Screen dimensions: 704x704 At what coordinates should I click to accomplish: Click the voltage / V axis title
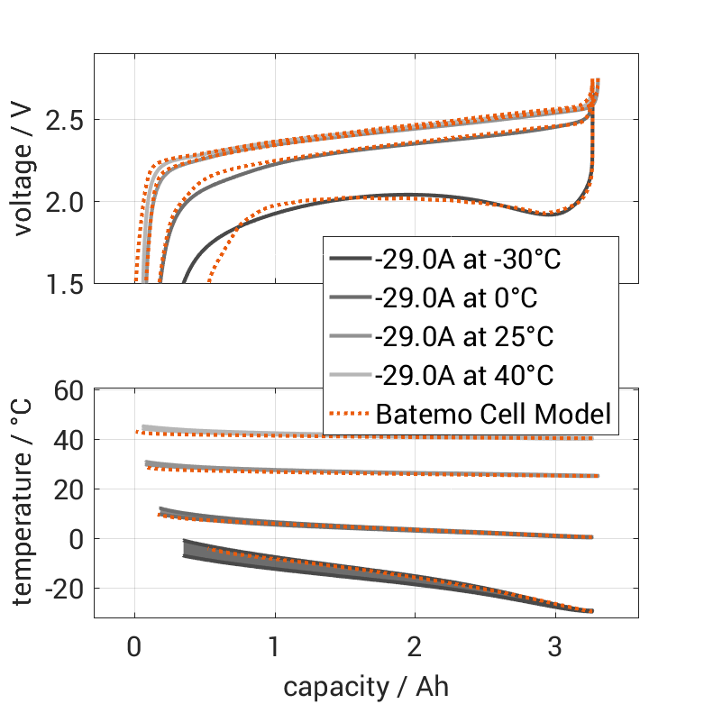25,169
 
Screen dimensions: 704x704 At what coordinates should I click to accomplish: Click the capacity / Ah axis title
366,686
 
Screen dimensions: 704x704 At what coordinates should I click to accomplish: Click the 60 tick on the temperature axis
70,390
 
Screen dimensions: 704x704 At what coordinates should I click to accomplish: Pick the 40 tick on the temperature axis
70,440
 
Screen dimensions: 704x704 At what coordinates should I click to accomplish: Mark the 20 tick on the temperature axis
70,489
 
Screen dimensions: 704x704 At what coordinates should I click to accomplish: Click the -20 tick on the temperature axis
63,588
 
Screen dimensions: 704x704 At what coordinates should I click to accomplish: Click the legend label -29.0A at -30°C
468,260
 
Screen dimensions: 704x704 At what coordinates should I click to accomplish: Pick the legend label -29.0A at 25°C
464,337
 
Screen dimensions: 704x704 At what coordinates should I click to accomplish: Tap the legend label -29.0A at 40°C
464,376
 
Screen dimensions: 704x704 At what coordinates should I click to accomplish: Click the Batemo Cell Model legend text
493,415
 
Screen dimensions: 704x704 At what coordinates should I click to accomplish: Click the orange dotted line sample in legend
349,415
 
